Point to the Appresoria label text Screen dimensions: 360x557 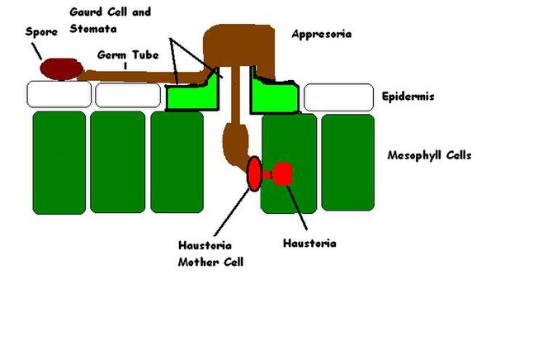tap(321, 34)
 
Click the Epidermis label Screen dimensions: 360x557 tap(408, 97)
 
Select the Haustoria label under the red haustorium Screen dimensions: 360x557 tap(309, 244)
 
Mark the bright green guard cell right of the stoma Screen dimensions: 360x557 tap(272, 96)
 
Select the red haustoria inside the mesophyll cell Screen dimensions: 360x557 tap(283, 174)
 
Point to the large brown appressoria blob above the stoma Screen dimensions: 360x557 tap(238, 46)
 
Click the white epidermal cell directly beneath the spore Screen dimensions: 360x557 tap(59, 95)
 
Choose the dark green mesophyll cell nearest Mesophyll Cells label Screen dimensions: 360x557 tap(347, 162)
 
